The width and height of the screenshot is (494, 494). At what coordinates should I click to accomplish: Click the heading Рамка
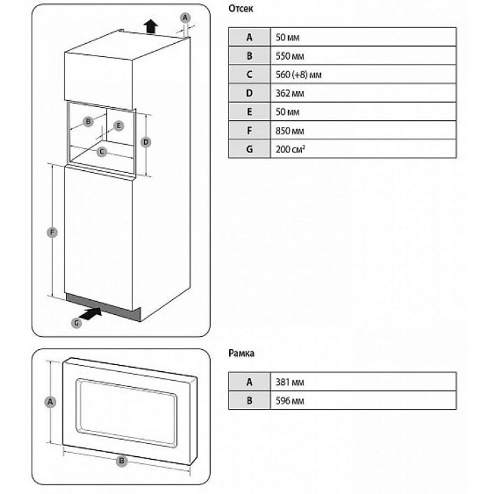[x=241, y=355]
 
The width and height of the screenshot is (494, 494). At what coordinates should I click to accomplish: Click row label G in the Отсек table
[x=250, y=148]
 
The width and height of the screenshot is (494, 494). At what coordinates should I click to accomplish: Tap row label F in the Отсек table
[x=250, y=130]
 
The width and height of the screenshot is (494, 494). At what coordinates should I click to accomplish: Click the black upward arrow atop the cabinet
[x=150, y=26]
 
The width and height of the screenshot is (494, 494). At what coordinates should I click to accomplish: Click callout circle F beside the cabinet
[x=53, y=233]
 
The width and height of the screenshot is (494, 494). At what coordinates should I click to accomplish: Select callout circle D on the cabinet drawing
[x=145, y=142]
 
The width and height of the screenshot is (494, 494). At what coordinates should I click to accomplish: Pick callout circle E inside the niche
[x=118, y=126]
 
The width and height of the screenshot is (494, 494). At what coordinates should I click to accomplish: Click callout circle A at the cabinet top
[x=185, y=16]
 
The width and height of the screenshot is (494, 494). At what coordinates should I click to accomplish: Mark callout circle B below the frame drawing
[x=121, y=461]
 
